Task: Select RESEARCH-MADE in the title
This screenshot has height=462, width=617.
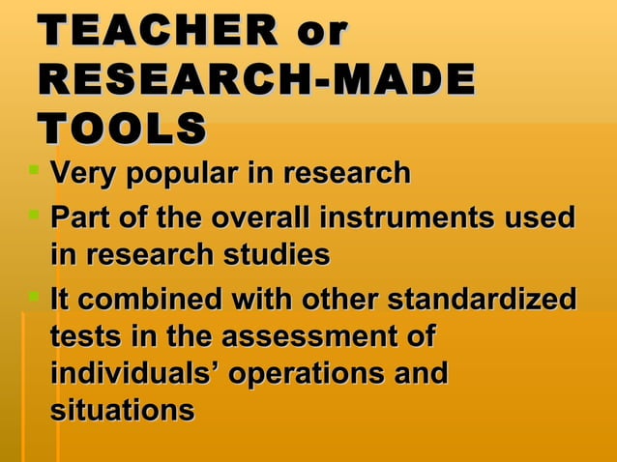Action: point(257,80)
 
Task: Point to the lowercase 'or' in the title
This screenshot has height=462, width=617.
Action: point(321,32)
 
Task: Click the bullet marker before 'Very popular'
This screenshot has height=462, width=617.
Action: point(35,173)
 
